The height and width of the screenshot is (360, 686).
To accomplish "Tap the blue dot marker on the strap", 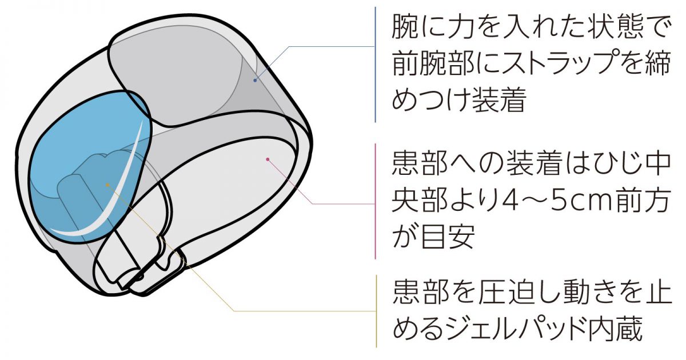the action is pos(255,80).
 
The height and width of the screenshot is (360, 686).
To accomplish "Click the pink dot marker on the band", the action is pos(268,159).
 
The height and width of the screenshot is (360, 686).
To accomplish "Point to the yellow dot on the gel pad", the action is pos(107,185).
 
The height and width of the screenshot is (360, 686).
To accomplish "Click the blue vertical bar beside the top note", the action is pos(376,64).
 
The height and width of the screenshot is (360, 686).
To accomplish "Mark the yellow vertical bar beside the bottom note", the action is pos(376,311).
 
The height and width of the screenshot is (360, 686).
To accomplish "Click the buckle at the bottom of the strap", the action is pos(144,269).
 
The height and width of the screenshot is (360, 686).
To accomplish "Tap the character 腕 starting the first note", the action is pos(405,27).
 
